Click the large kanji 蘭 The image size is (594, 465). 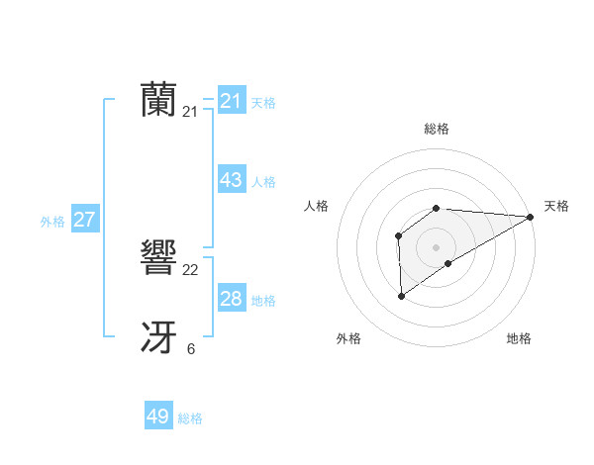click(159, 100)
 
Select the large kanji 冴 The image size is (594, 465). click(159, 338)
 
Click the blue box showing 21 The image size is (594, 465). click(232, 101)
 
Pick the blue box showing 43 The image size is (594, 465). click(232, 180)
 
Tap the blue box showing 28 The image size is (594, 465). click(232, 299)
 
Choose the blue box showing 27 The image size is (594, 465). click(84, 220)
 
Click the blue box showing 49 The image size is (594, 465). click(158, 417)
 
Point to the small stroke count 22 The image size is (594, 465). click(191, 270)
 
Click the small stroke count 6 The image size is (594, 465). click(191, 349)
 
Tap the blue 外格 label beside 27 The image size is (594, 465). click(52, 222)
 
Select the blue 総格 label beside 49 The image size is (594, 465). click(190, 418)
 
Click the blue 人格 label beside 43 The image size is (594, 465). click(263, 182)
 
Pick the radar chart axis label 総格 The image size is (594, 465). click(436, 129)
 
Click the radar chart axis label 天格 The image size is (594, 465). click(556, 206)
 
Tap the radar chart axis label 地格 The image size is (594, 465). click(519, 338)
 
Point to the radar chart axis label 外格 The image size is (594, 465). click(348, 338)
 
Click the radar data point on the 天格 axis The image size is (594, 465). click(532, 217)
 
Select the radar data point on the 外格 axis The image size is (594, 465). click(401, 296)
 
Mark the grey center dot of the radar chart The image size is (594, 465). click(436, 246)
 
